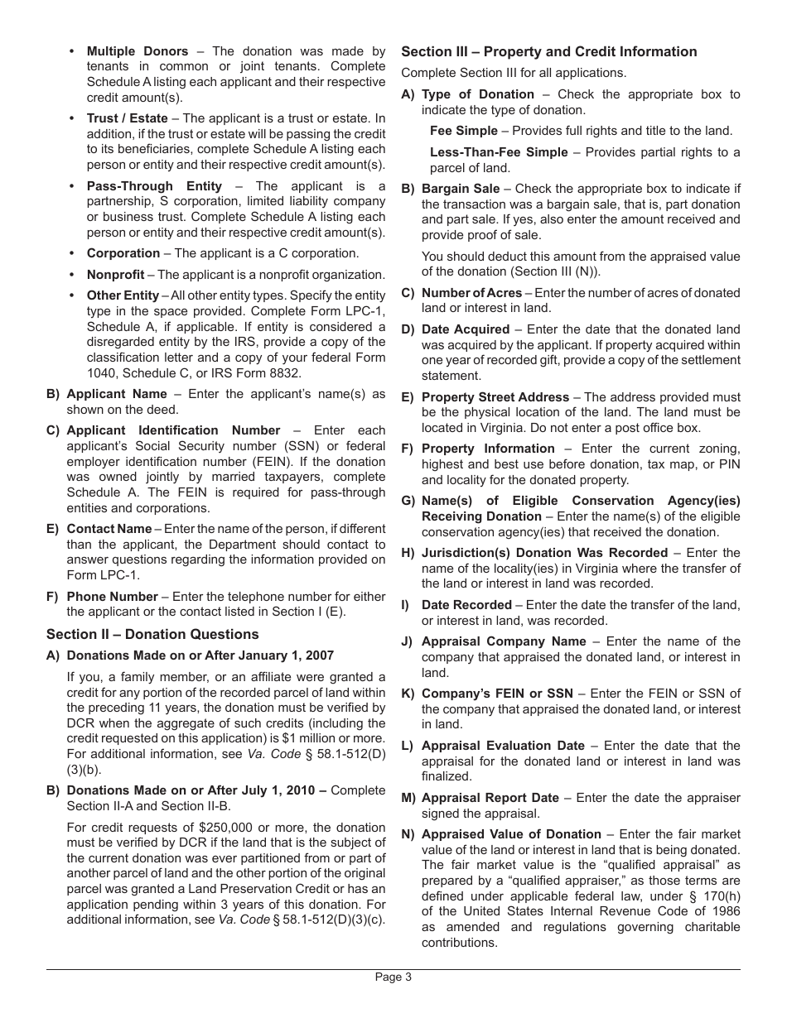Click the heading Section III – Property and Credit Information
pyautogui.click(x=548, y=51)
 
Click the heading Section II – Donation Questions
pyautogui.click(x=152, y=634)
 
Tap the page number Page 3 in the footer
pyautogui.click(x=393, y=977)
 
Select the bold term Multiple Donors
pyautogui.click(x=138, y=51)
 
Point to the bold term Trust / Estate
pyautogui.click(x=127, y=118)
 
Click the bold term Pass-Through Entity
pyautogui.click(x=154, y=186)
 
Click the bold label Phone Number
pyautogui.click(x=112, y=597)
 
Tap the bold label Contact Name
pyautogui.click(x=109, y=529)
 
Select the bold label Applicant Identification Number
pyautogui.click(x=173, y=430)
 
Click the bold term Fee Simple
pyautogui.click(x=464, y=131)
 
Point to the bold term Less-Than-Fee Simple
pyautogui.click(x=499, y=152)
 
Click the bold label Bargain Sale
pyautogui.click(x=461, y=189)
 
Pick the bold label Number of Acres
pyautogui.click(x=471, y=293)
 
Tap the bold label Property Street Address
pyautogui.click(x=495, y=397)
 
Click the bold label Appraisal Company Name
pyautogui.click(x=504, y=641)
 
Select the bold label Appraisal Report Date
pyautogui.click(x=490, y=798)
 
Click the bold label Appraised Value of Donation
pyautogui.click(x=511, y=834)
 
